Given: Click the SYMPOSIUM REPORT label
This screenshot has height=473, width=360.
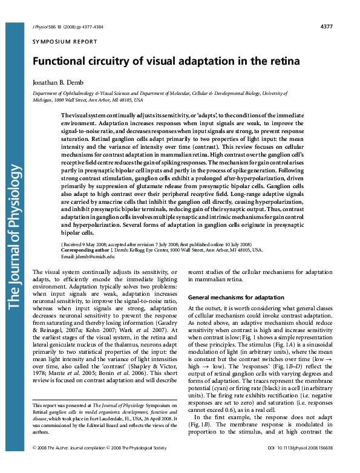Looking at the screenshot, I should pyautogui.click(x=64, y=42).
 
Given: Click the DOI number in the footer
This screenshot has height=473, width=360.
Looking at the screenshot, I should pyautogui.click(x=299, y=464).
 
